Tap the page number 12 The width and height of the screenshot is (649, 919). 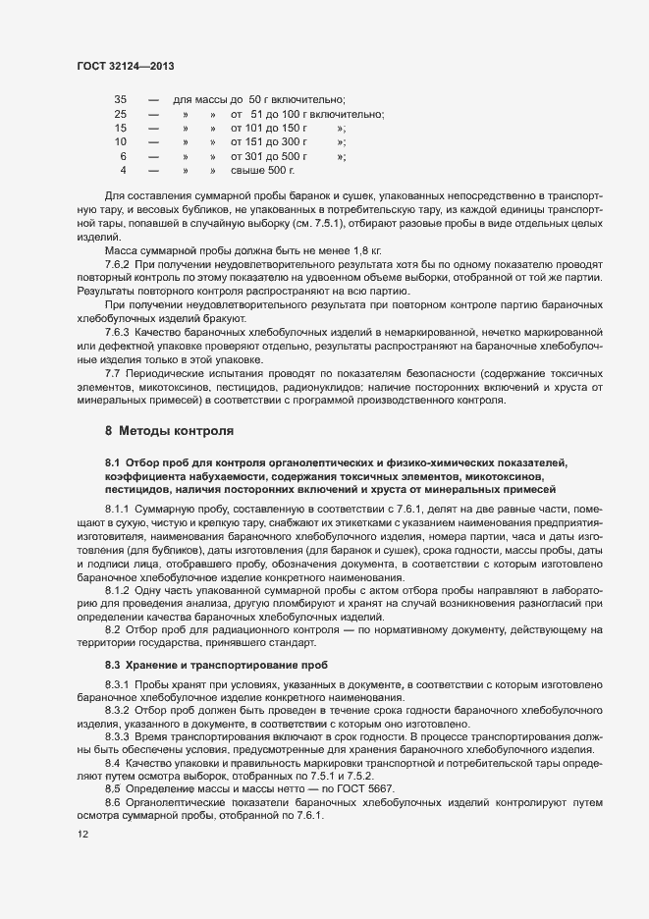(81, 835)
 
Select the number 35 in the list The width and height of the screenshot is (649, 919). (121, 100)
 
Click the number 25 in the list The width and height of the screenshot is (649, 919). (121, 114)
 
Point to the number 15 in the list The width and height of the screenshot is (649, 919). (121, 128)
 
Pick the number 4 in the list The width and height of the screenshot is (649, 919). (123, 170)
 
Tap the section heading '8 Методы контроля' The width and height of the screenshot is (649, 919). (169, 431)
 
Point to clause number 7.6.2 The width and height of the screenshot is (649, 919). (118, 266)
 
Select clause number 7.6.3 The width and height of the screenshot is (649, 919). (118, 334)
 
